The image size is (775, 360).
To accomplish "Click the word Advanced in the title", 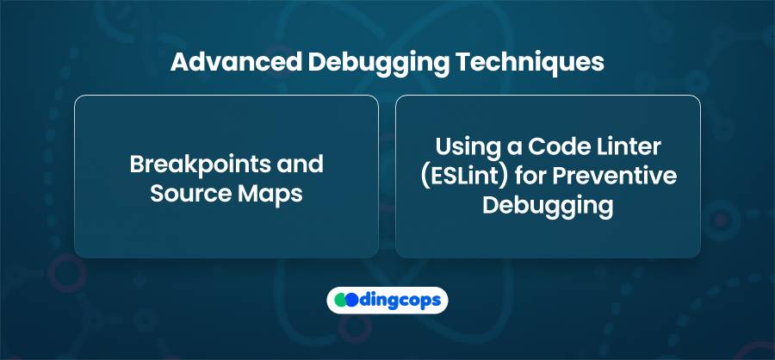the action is [x=236, y=63].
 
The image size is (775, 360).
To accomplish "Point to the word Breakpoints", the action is [x=200, y=164].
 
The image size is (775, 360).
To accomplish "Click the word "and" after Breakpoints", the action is [x=300, y=164].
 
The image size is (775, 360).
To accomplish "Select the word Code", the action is [x=555, y=147].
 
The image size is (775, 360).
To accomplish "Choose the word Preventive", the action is [x=613, y=177].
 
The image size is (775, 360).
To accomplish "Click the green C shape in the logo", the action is [x=340, y=300].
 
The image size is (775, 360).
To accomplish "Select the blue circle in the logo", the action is [x=352, y=300].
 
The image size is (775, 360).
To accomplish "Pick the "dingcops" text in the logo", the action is [x=400, y=301].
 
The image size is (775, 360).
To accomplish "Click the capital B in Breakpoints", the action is [x=137, y=164].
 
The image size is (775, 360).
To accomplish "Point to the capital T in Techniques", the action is [x=464, y=63].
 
